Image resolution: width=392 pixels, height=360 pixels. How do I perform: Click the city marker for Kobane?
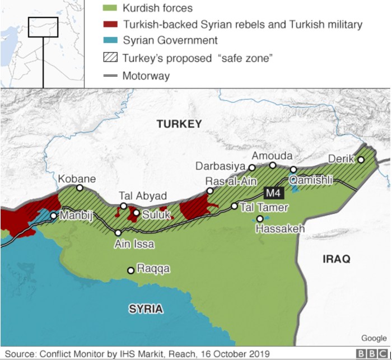click(80, 188)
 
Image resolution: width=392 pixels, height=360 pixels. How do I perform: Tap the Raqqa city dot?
click(130, 270)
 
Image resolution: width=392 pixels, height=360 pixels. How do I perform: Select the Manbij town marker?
click(53, 216)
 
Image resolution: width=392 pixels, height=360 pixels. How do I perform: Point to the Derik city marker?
click(361, 160)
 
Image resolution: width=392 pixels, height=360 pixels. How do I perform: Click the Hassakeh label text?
click(280, 228)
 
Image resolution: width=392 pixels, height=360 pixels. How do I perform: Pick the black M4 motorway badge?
click(274, 193)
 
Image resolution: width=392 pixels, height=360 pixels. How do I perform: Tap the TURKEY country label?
click(179, 124)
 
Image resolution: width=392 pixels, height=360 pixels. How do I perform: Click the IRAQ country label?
click(337, 259)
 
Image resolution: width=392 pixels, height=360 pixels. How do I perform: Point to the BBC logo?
click(372, 354)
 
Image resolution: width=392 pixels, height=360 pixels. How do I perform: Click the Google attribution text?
click(374, 338)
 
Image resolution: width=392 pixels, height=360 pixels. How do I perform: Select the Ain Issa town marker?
click(118, 232)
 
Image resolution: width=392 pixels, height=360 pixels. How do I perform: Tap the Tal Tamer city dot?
click(235, 206)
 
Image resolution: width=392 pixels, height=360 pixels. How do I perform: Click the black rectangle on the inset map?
click(43, 26)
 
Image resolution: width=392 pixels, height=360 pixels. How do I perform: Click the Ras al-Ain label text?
click(230, 181)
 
